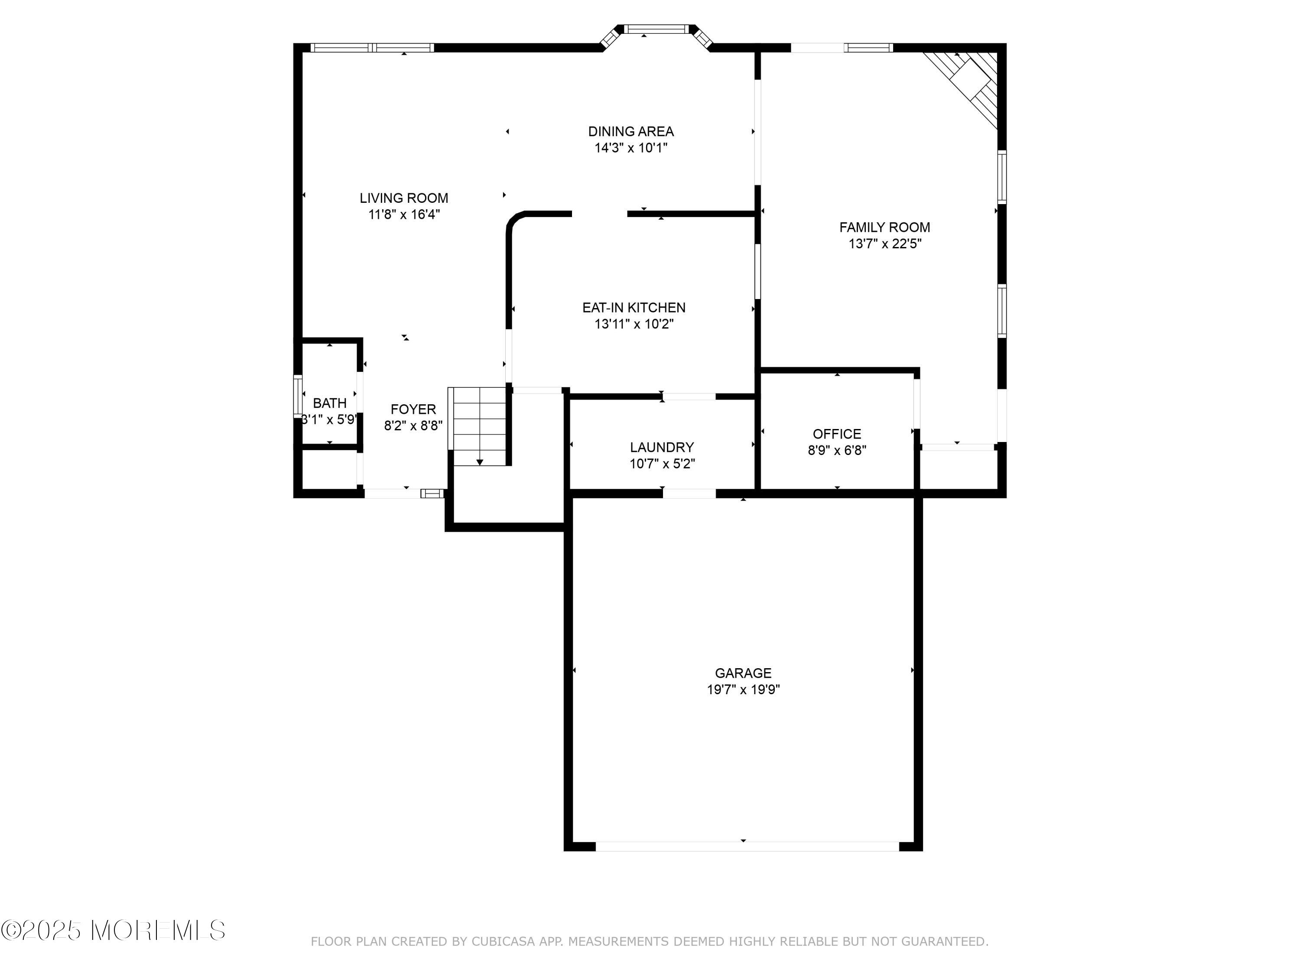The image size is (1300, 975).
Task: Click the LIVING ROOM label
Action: click(x=404, y=198)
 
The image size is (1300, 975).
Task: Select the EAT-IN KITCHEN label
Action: click(x=634, y=307)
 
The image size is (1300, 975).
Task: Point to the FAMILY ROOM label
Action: click(x=884, y=227)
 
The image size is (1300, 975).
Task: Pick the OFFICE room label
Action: click(x=837, y=434)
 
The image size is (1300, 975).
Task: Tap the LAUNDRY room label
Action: click(x=662, y=447)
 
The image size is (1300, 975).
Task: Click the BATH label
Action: click(x=330, y=403)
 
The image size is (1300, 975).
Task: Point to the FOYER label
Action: click(x=413, y=409)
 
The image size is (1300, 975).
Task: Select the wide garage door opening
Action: click(x=747, y=846)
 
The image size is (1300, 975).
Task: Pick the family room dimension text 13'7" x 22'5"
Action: click(x=884, y=243)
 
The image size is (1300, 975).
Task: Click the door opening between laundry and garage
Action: click(x=689, y=493)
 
